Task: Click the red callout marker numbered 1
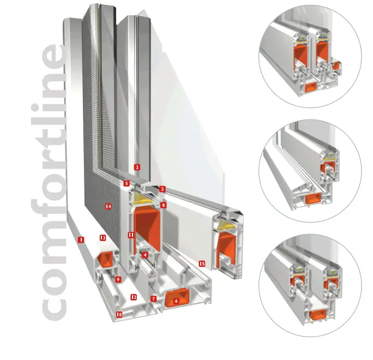click(81, 239)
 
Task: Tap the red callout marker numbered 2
click(137, 167)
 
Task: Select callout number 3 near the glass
click(163, 189)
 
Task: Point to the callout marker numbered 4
click(145, 255)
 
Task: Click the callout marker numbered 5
click(127, 183)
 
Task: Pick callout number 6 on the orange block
click(176, 301)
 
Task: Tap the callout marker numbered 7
click(154, 298)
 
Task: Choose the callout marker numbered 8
click(163, 205)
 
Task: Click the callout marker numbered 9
click(118, 279)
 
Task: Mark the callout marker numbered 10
click(119, 315)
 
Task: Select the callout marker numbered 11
click(131, 235)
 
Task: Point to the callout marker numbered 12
click(134, 297)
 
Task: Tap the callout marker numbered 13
click(103, 237)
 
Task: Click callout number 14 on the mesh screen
click(109, 206)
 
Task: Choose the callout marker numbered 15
click(202, 263)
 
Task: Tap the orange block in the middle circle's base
click(313, 198)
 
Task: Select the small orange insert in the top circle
click(336, 65)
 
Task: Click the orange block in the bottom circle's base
click(317, 315)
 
